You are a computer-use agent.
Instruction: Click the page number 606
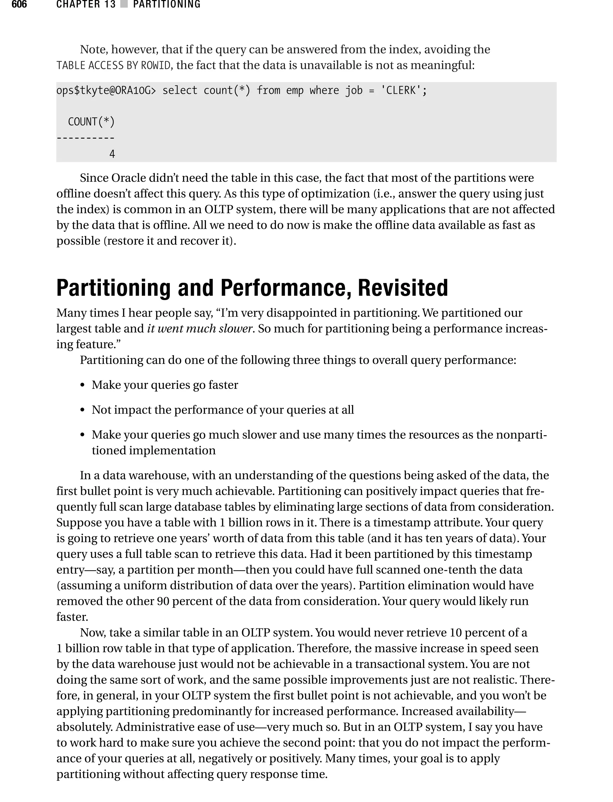coord(19,4)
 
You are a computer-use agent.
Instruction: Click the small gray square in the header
coord(124,4)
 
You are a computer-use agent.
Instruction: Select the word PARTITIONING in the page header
coord(167,4)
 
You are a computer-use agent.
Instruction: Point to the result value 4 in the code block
coord(112,154)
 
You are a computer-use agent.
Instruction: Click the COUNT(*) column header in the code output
coord(91,122)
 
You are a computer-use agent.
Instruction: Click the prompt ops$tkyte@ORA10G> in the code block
coord(106,90)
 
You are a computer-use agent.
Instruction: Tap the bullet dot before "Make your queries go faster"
coord(83,385)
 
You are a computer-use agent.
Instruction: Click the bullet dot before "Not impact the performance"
coord(83,410)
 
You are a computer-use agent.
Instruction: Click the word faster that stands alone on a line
coord(72,617)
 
